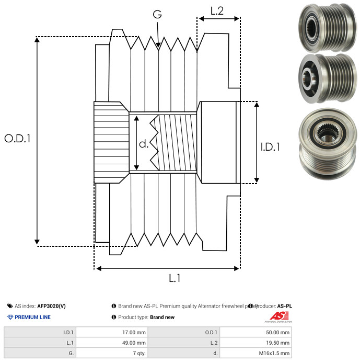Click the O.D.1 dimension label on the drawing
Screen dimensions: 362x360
click(x=17, y=139)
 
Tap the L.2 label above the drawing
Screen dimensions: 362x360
click(x=217, y=10)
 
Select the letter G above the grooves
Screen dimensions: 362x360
click(x=157, y=14)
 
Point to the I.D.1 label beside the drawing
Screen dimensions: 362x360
click(x=270, y=147)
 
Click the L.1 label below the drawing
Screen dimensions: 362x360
click(x=175, y=279)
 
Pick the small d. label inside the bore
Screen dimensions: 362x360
click(x=144, y=144)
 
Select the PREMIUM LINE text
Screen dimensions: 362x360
click(x=33, y=318)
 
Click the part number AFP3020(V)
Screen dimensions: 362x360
click(x=52, y=306)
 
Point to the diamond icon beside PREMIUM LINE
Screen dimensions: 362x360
click(x=10, y=318)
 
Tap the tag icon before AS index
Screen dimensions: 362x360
click(x=10, y=306)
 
